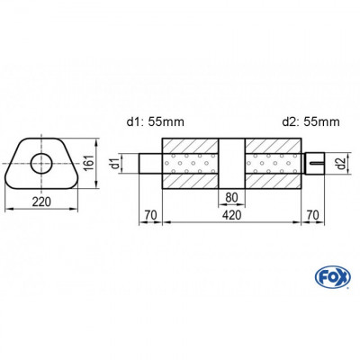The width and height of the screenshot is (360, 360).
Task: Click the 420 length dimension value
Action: (x=230, y=217)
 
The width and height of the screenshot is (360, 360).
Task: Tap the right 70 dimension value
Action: (x=311, y=217)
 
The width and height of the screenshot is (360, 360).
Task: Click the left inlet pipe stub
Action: (x=150, y=164)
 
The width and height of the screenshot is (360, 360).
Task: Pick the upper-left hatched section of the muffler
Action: (x=190, y=146)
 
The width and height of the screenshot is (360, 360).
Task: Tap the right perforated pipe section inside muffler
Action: (x=271, y=164)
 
